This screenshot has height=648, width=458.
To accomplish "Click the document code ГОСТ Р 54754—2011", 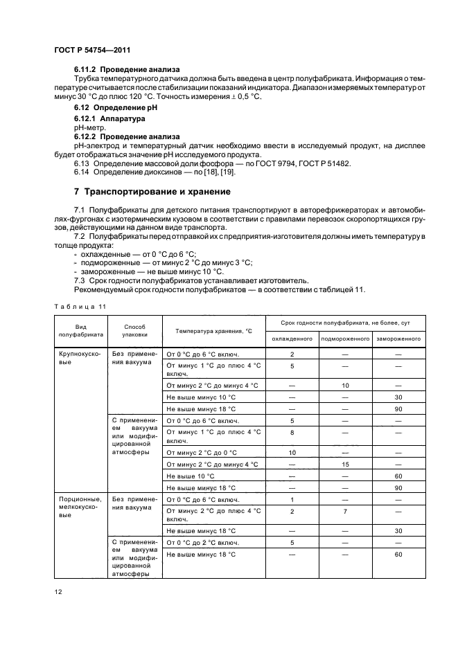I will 91,51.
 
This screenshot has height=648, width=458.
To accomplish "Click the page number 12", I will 57,591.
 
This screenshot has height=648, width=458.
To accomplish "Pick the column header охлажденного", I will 292,339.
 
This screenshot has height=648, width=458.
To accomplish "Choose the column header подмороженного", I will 344,339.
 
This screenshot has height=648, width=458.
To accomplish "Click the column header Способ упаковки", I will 135,330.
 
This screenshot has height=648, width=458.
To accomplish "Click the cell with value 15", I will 344,465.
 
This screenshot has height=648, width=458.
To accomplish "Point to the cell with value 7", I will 344,512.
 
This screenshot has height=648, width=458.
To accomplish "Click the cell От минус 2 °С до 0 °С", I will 201,452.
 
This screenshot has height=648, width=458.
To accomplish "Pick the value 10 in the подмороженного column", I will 344,385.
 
